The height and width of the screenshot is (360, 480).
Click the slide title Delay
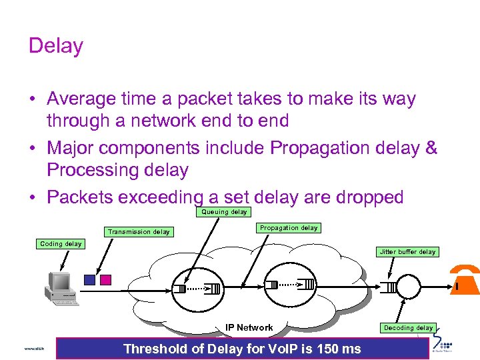click(56, 46)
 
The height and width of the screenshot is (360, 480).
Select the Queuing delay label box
click(224, 212)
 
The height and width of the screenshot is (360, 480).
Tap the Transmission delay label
click(139, 232)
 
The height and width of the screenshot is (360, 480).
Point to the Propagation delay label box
click(289, 228)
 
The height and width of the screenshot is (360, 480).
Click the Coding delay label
click(61, 244)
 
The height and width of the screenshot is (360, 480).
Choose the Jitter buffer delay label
click(407, 252)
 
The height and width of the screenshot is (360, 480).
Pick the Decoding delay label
click(408, 328)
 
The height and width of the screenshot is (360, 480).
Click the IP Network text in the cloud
click(249, 327)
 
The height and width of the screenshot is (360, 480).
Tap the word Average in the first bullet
click(83, 99)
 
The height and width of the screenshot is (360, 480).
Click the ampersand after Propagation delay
click(431, 147)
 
